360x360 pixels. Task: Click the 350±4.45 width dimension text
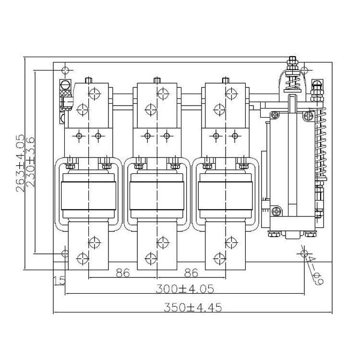(193, 307)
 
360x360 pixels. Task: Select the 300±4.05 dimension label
(185, 289)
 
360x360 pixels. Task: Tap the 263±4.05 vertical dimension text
(20, 163)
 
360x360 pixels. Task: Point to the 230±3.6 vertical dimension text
(30, 162)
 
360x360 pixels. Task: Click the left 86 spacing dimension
(123, 273)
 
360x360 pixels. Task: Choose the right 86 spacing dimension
(191, 273)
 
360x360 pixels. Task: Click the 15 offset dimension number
(59, 281)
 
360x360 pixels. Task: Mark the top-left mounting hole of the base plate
(65, 70)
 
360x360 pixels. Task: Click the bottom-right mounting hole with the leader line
(304, 253)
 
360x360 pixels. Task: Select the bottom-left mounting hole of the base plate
(65, 253)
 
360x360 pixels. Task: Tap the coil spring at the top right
(292, 83)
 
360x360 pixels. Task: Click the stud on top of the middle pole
(157, 80)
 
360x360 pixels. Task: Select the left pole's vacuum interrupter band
(88, 196)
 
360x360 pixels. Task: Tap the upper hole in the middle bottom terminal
(163, 242)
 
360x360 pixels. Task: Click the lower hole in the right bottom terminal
(219, 259)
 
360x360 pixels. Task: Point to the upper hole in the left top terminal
(95, 94)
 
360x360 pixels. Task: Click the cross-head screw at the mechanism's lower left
(276, 211)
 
